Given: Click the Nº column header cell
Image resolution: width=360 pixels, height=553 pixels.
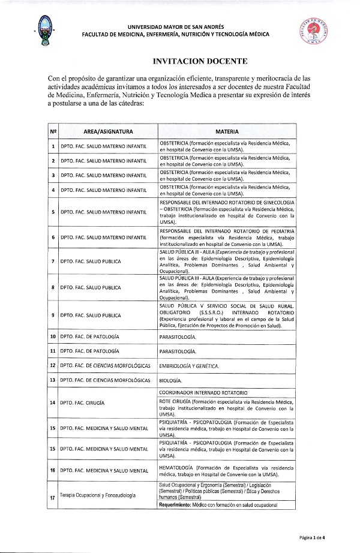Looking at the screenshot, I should [53, 131].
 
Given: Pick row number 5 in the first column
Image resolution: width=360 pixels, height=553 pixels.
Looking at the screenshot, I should [53, 212].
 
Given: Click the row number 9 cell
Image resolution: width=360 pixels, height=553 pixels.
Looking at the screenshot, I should [53, 315].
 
